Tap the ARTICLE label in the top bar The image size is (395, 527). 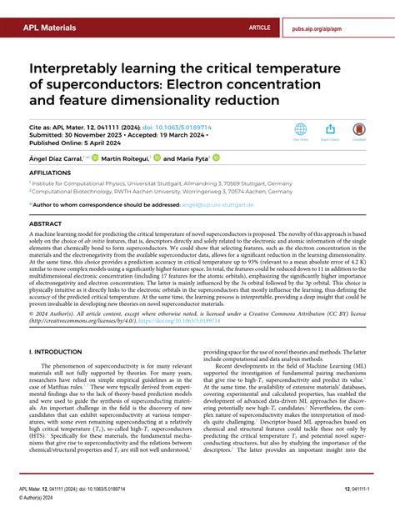pos(259,28)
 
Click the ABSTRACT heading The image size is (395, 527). pos(46,224)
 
